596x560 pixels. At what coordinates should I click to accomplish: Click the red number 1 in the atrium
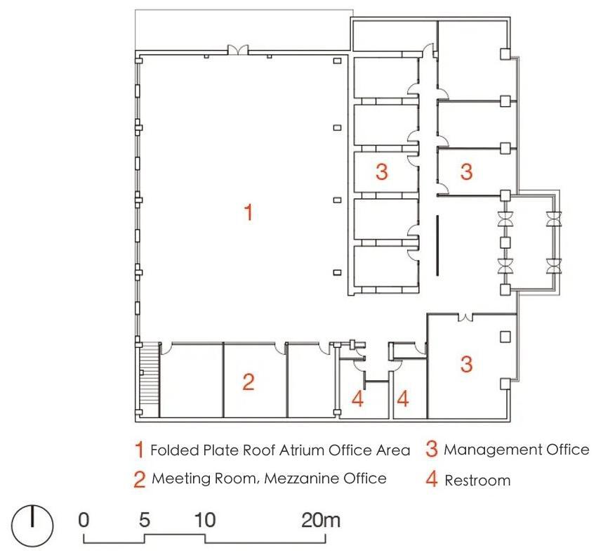(249, 212)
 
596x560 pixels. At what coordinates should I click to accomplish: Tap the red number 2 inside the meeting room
(249, 382)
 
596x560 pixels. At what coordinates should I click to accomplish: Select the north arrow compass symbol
(32, 526)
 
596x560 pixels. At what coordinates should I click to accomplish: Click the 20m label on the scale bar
(320, 520)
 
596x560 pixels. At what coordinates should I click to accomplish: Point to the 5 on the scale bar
(145, 520)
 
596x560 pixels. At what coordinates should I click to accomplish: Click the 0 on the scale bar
(84, 520)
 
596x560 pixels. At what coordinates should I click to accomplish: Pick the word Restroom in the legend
(477, 481)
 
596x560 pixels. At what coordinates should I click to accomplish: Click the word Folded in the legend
(175, 450)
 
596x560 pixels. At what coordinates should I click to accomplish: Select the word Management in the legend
(493, 450)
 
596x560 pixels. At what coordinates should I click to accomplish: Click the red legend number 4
(432, 479)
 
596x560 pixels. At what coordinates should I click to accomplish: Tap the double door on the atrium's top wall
(238, 50)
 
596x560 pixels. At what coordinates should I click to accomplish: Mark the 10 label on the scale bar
(205, 520)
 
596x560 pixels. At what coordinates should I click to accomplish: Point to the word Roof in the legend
(259, 450)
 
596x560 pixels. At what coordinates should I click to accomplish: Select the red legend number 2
(140, 479)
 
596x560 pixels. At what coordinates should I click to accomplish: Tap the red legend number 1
(140, 449)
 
